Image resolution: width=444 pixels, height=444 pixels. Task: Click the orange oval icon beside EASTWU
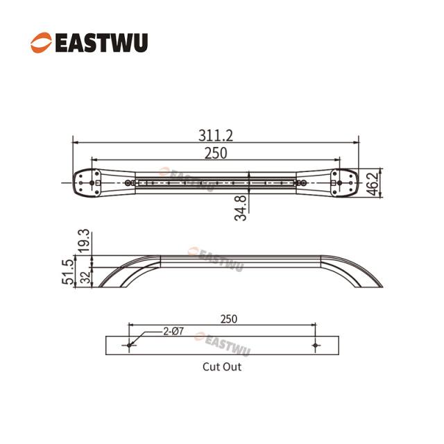click(x=40, y=43)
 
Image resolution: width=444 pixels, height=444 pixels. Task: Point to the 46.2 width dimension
click(x=373, y=183)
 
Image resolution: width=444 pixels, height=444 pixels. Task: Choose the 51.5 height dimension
click(x=67, y=273)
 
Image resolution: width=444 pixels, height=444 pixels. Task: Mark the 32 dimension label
click(x=85, y=277)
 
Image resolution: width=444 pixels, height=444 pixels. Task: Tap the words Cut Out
click(x=222, y=366)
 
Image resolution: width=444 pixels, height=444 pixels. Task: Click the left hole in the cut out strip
click(x=129, y=345)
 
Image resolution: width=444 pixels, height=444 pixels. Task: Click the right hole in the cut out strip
click(x=315, y=345)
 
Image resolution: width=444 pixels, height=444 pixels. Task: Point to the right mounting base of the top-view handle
click(x=343, y=183)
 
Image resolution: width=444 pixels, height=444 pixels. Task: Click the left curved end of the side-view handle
click(x=118, y=273)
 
